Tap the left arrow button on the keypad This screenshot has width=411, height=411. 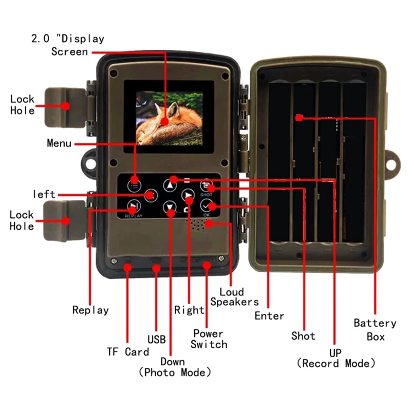click(x=151, y=195)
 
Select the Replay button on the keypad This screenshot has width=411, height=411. click(x=133, y=207)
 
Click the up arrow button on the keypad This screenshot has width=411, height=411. click(x=170, y=185)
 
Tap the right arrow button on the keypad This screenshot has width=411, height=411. click(x=188, y=195)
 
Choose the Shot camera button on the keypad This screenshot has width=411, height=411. click(x=207, y=187)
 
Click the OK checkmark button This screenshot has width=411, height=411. click(x=207, y=207)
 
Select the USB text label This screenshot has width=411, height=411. click(x=156, y=340)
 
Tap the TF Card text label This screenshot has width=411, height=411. click(x=128, y=352)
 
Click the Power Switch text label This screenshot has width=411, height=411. click(x=209, y=339)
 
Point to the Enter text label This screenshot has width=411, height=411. click(x=269, y=315)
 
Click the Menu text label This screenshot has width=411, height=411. click(x=59, y=143)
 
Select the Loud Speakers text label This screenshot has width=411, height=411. click(x=234, y=297)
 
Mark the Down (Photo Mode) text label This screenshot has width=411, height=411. click(x=175, y=367)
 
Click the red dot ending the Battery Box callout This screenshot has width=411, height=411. click(x=300, y=118)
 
